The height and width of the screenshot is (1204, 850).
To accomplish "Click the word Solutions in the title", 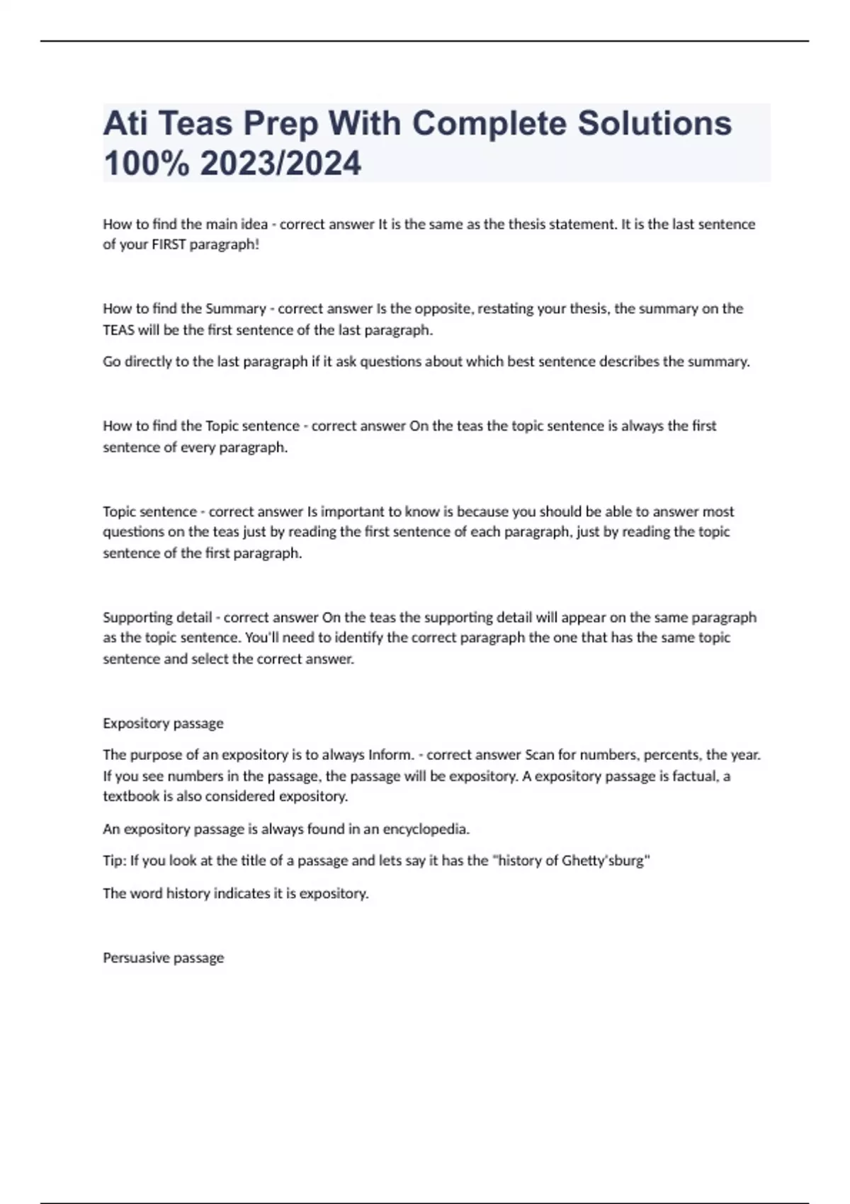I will [x=654, y=123].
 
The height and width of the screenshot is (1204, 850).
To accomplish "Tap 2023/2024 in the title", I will [x=280, y=164].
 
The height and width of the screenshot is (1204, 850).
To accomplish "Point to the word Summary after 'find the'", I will [x=235, y=309].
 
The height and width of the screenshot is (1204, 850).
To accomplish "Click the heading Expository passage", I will [x=163, y=723].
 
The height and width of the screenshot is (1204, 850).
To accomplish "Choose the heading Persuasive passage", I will [x=163, y=958].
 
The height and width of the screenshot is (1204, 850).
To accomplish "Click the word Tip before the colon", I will [x=113, y=861].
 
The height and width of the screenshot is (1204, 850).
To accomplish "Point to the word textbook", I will [x=131, y=797].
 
